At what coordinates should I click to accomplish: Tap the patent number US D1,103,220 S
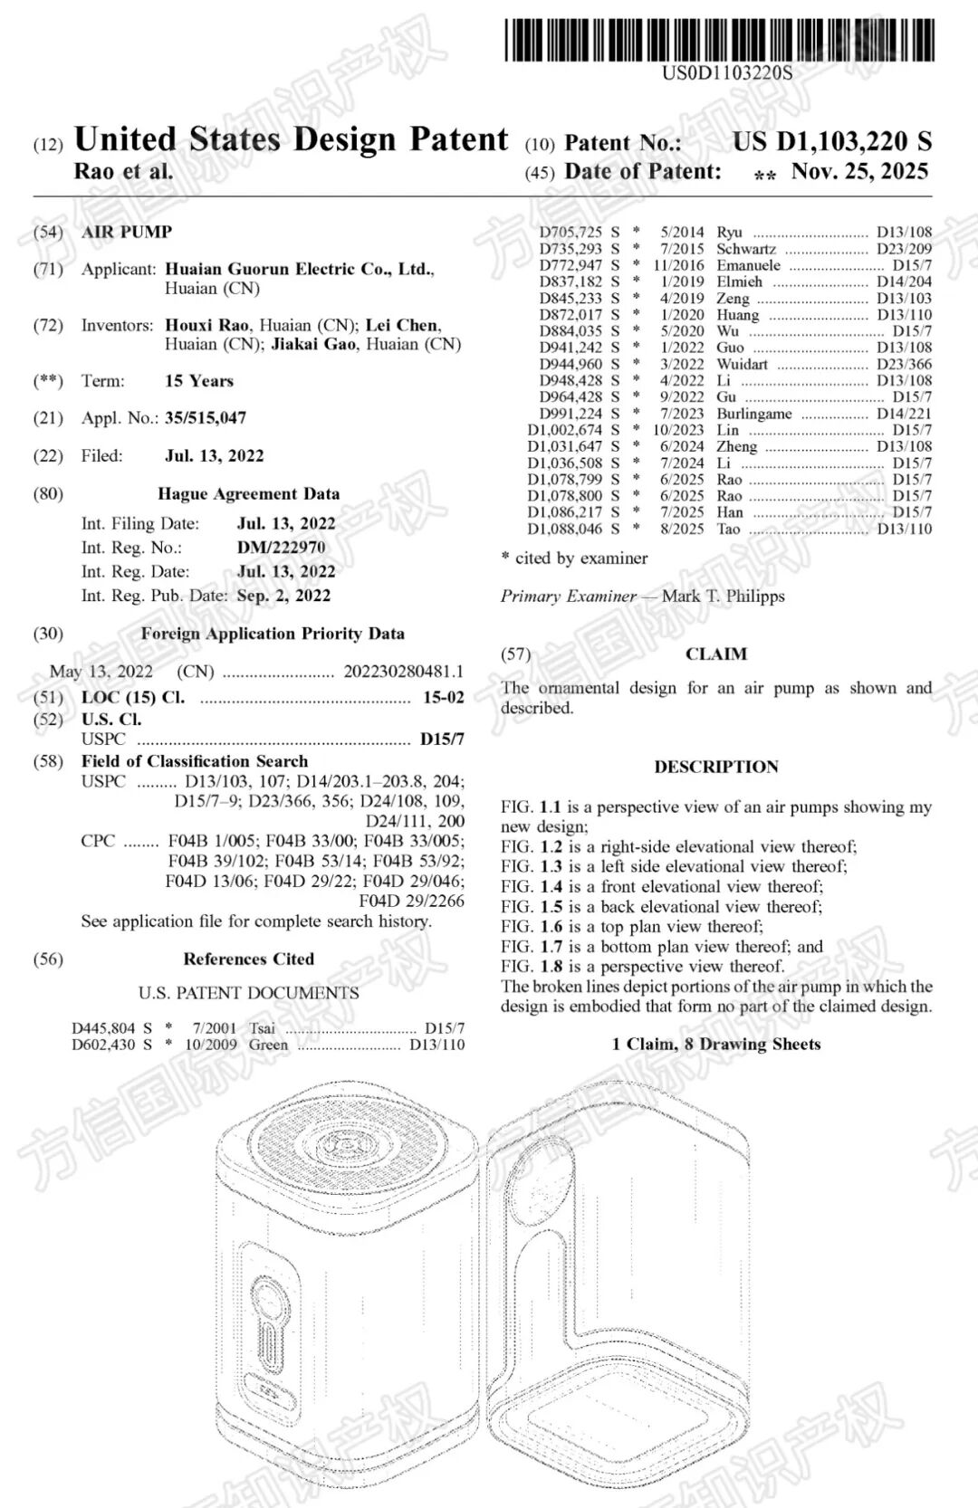831,141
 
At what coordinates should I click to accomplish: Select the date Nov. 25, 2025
859,171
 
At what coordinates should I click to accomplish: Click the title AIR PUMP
127,232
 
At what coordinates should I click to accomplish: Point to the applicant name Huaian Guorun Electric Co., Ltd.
299,269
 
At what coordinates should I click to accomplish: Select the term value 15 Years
199,381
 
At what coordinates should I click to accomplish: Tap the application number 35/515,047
206,418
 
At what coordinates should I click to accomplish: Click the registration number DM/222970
281,547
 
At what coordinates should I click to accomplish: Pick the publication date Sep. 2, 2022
283,596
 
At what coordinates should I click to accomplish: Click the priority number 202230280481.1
403,671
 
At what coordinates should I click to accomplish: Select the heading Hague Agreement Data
248,494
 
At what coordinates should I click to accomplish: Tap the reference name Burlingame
754,414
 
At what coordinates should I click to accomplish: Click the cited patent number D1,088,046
565,529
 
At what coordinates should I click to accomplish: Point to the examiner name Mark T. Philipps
723,597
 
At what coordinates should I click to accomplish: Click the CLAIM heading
715,654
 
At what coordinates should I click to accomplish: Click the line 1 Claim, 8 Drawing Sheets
715,1044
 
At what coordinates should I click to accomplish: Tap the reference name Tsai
263,1028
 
